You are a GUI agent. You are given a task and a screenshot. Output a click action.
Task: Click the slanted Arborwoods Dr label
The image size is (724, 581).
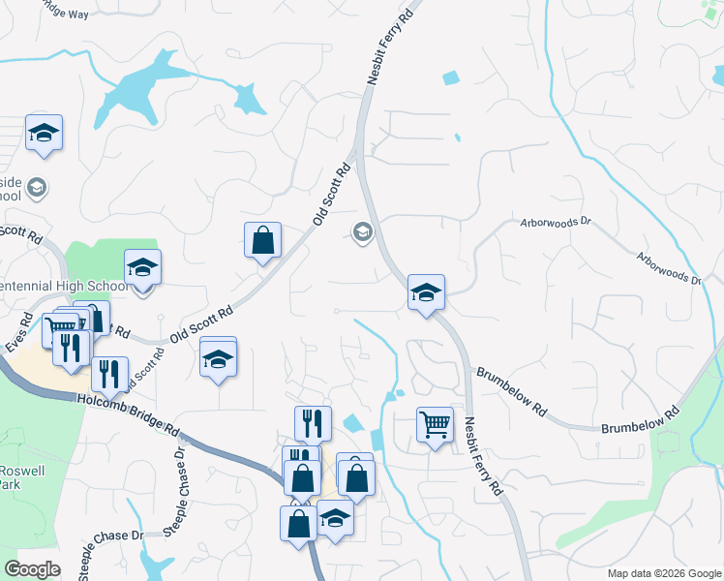click(x=668, y=270)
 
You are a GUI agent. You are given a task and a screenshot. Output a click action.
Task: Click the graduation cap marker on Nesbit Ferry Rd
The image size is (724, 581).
click(x=425, y=294)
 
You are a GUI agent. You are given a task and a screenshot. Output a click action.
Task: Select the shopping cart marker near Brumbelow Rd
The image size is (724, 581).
click(x=435, y=424)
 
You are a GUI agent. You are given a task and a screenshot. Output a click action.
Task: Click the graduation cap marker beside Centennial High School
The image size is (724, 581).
click(x=142, y=268)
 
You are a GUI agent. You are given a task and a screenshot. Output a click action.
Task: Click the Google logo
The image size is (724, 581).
click(x=32, y=569)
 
